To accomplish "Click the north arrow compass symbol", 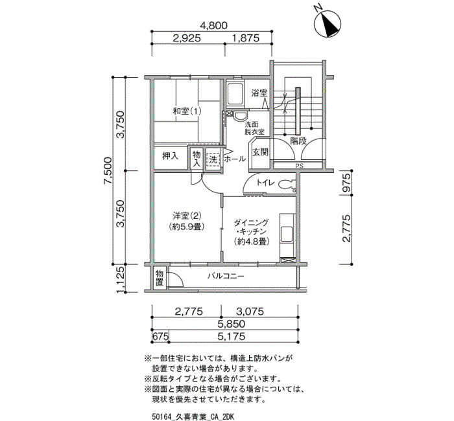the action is [x=328, y=24].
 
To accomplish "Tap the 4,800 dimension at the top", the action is [x=213, y=25].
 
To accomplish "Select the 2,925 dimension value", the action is [x=187, y=38].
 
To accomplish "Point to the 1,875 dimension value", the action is [x=246, y=38].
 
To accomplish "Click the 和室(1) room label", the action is [x=187, y=111].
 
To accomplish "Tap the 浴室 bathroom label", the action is [x=259, y=93].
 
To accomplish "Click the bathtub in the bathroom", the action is [x=235, y=95].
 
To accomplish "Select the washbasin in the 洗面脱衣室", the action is [x=240, y=117].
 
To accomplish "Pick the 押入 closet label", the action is [x=170, y=157].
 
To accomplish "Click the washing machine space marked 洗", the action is [x=213, y=160].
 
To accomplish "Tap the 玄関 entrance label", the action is [x=261, y=152].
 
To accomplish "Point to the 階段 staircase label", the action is [x=298, y=141].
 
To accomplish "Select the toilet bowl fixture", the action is [x=286, y=185].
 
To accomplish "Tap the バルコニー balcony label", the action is [x=226, y=277].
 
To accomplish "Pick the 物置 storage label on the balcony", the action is [x=160, y=278].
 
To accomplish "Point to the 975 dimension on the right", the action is [x=346, y=183].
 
